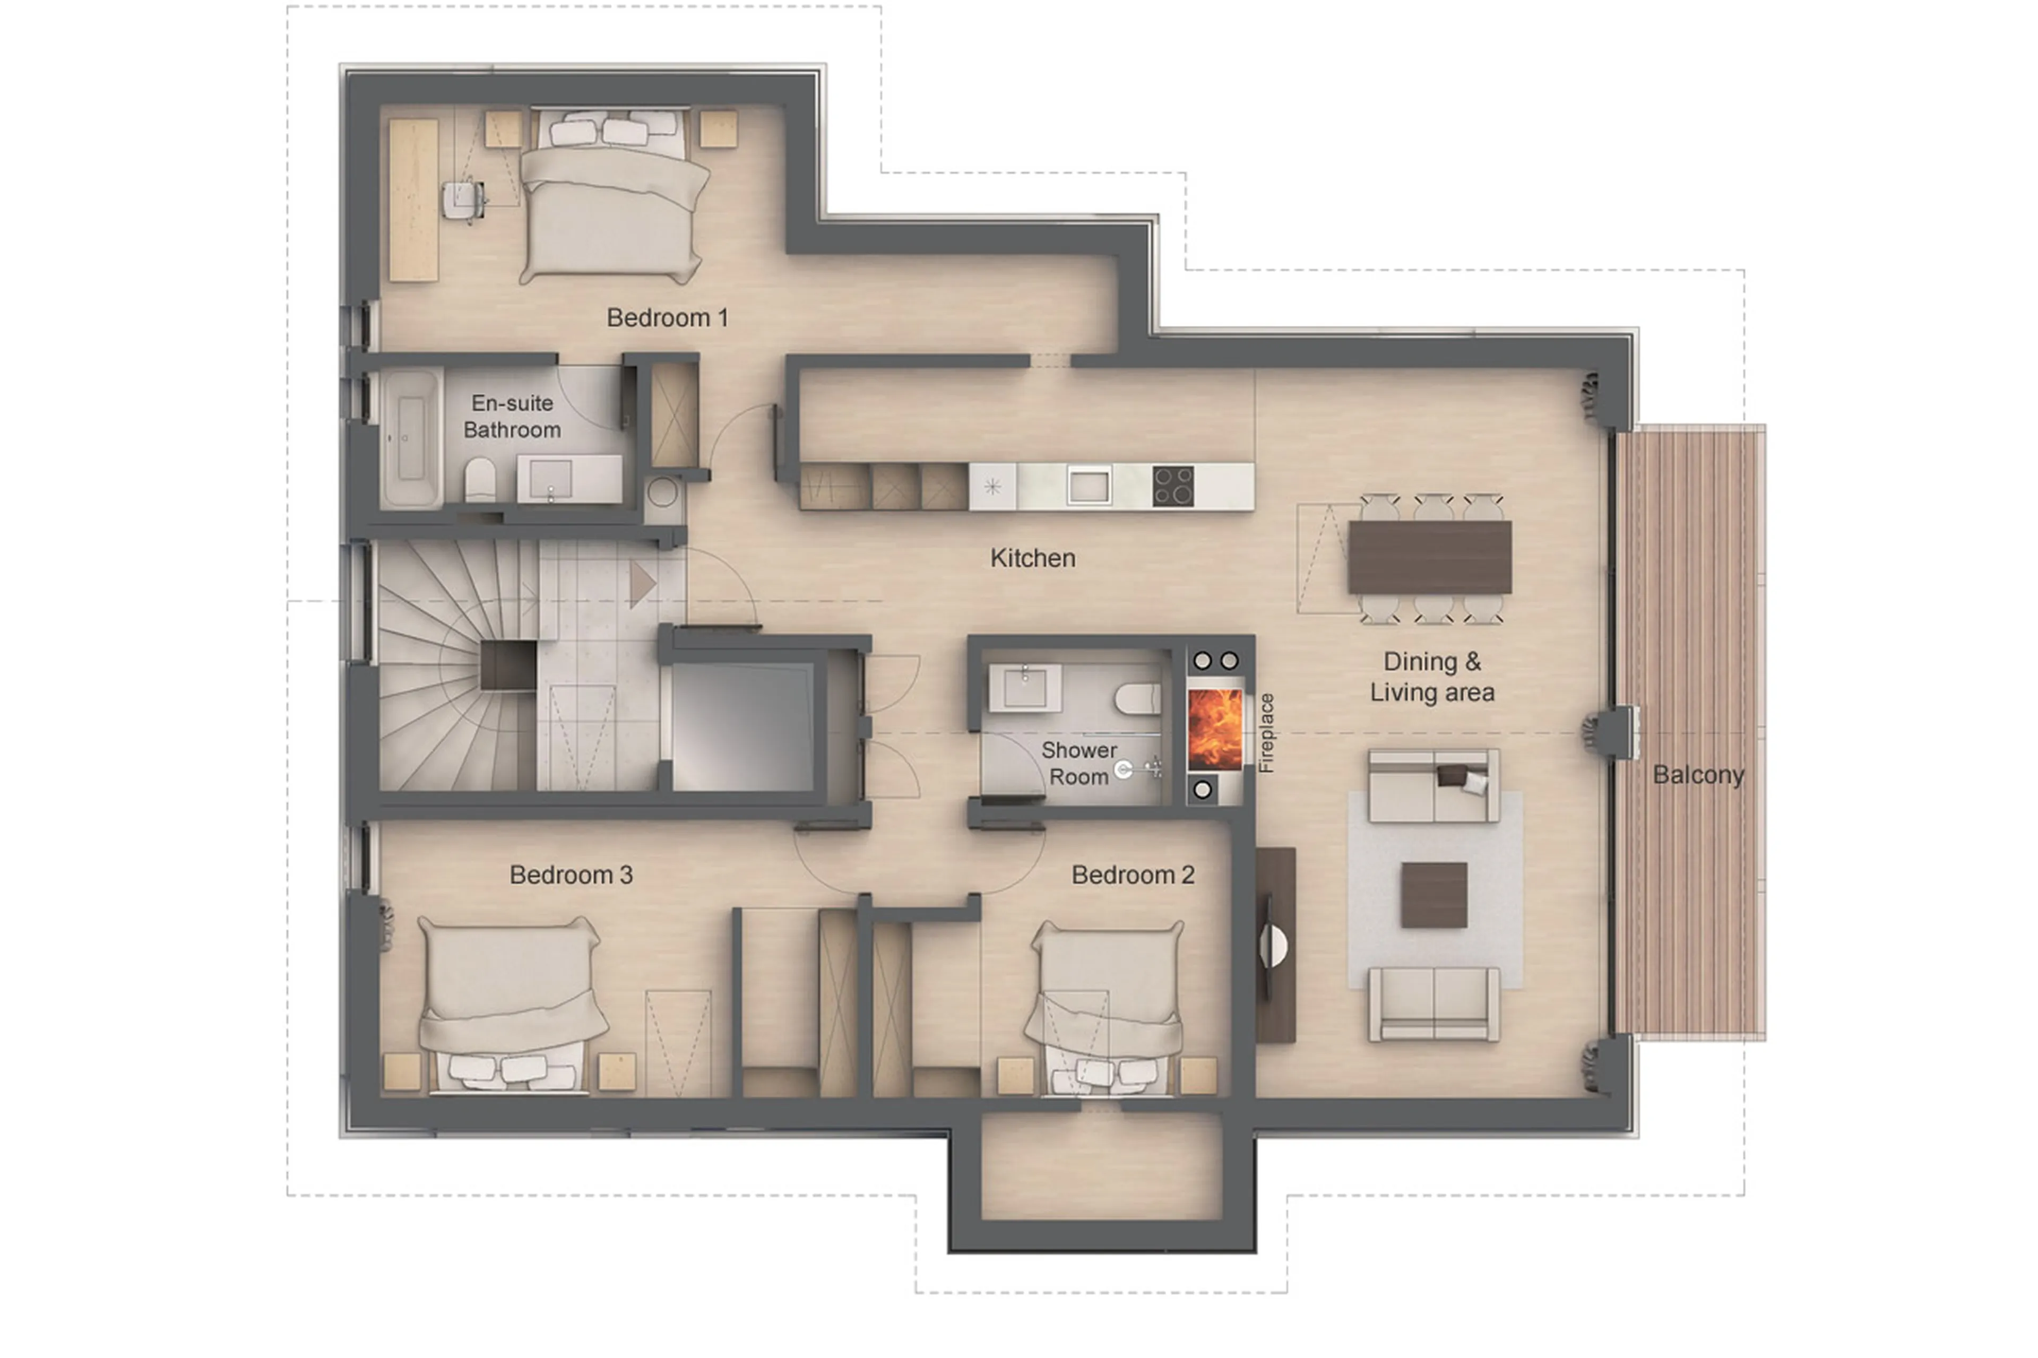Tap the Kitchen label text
coord(1032,558)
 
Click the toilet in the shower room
coord(1137,698)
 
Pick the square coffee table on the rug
coord(1433,895)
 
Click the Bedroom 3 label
coord(570,875)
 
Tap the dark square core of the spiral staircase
coord(508,665)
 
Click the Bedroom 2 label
coord(1132,875)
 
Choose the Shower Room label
coord(1078,763)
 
